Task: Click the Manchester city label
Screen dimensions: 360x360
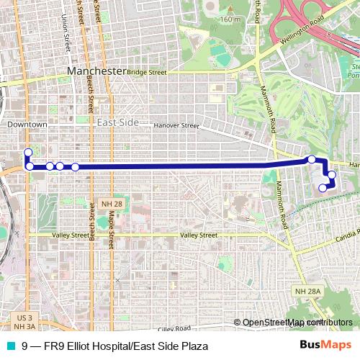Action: (x=96, y=72)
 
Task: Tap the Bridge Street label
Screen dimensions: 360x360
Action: (x=148, y=73)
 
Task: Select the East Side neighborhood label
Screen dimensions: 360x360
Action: (x=117, y=122)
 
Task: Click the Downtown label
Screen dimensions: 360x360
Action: (x=27, y=125)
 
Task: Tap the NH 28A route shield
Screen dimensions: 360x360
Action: (x=306, y=290)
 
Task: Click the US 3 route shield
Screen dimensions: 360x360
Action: (x=24, y=317)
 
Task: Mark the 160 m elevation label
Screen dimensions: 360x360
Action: (x=230, y=19)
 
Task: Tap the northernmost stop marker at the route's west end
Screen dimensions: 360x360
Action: (x=27, y=152)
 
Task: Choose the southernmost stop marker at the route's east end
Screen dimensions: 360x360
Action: (x=323, y=188)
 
